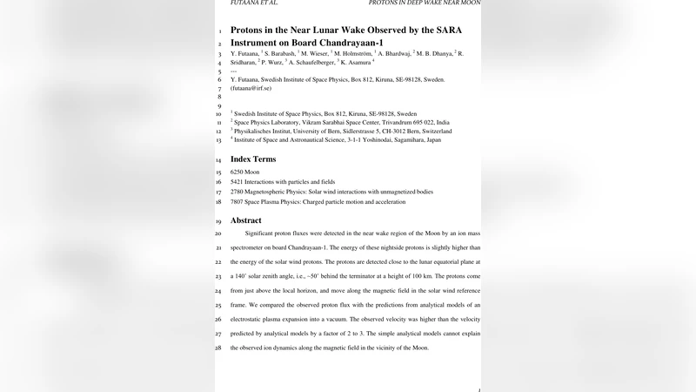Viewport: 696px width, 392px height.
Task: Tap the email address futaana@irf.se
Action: (251, 88)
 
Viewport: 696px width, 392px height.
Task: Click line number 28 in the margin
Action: (219, 348)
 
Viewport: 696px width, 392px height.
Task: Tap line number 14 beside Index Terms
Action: (219, 160)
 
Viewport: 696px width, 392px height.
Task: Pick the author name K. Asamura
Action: (357, 63)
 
